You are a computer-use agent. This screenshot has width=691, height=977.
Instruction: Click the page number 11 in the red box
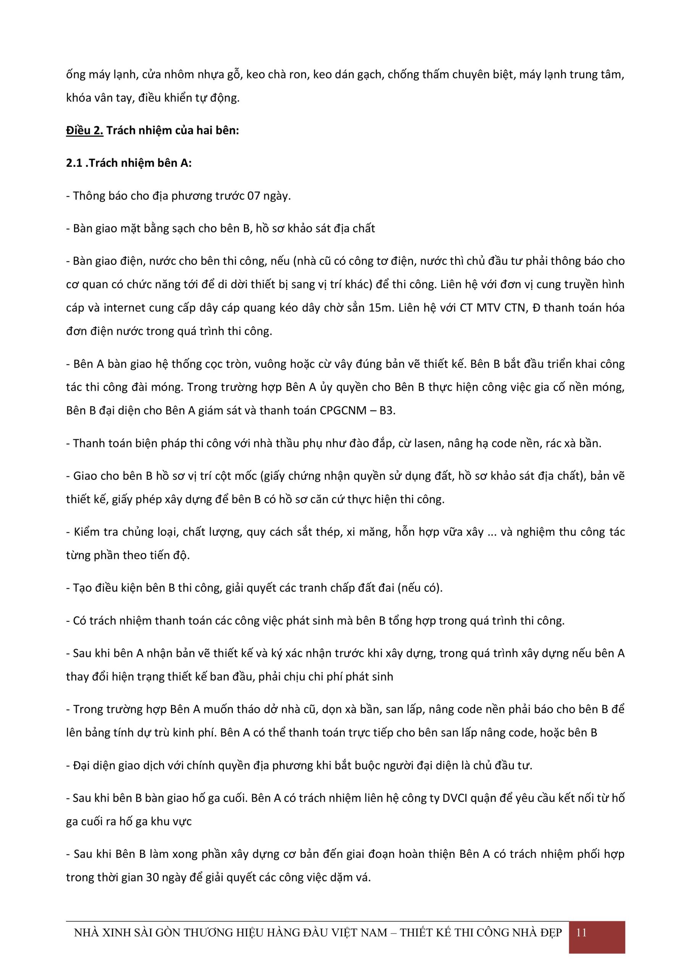coord(581,932)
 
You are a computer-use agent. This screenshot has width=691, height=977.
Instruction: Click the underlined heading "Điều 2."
coord(84,130)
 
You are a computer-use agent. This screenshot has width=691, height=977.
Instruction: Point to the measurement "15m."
coord(381,308)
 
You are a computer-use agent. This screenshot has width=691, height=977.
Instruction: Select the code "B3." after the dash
coord(387,410)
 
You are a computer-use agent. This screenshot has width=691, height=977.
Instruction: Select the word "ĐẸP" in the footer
coord(550,932)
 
